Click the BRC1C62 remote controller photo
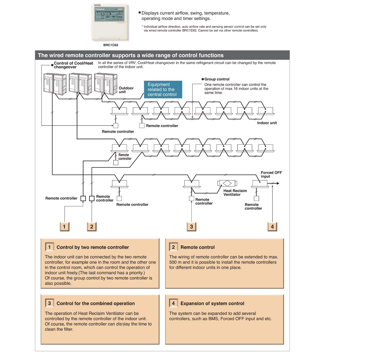110,23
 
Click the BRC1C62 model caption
111,45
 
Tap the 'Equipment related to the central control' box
163,89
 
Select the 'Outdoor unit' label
126,90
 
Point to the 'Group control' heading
217,79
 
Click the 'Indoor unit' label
267,123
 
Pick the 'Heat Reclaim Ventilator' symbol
227,183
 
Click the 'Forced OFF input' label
271,174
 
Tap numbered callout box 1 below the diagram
64,227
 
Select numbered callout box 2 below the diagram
92,227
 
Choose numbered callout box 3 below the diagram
192,227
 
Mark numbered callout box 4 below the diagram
272,227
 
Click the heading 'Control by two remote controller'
93,247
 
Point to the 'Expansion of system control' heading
212,304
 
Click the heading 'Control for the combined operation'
95,304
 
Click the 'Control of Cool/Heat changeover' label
73,65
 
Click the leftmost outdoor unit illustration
55,83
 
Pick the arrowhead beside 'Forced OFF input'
278,183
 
